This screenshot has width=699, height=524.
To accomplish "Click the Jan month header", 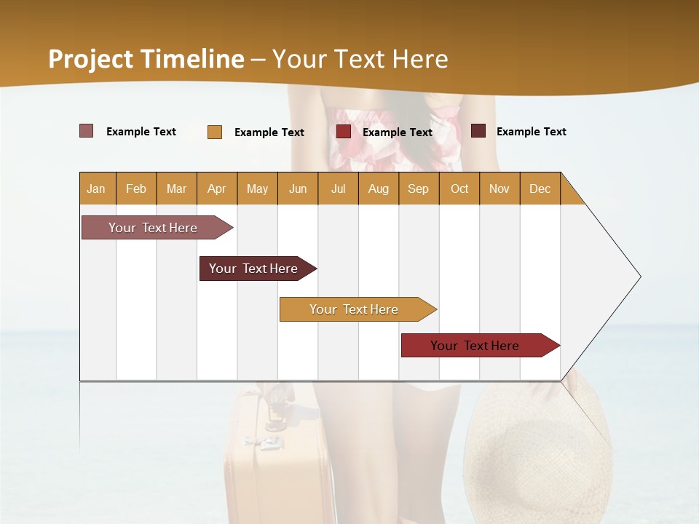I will (x=96, y=188).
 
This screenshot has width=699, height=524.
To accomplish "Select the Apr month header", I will (x=216, y=188).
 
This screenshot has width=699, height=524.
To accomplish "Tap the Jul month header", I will (x=338, y=188).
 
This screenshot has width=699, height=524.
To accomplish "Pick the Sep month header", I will (x=418, y=188).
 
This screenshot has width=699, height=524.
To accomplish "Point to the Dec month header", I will (x=540, y=188).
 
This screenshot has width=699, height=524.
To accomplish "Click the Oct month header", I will (x=459, y=188).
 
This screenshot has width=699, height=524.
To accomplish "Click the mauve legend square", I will (x=86, y=131).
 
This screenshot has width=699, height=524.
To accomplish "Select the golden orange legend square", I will (x=214, y=132).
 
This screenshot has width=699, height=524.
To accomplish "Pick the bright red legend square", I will (x=343, y=132).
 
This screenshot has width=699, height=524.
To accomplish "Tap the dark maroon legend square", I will (x=478, y=131).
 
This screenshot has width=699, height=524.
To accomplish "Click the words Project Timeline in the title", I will (x=146, y=59).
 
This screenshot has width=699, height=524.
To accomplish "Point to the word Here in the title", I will (x=420, y=59).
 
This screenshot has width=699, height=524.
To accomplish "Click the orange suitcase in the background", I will (x=277, y=458).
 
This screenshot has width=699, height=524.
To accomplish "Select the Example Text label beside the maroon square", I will (x=531, y=132).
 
